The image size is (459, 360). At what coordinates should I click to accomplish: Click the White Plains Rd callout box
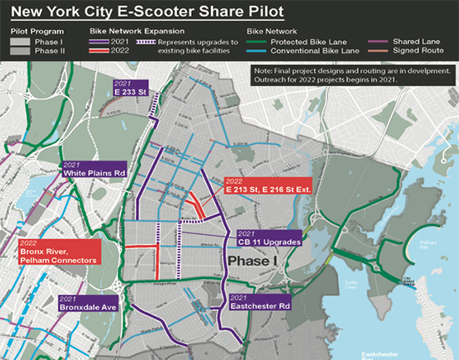click(93, 169)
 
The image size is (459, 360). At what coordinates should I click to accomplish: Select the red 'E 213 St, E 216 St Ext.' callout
click(267, 186)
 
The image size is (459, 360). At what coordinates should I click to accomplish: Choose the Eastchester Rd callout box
click(260, 303)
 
